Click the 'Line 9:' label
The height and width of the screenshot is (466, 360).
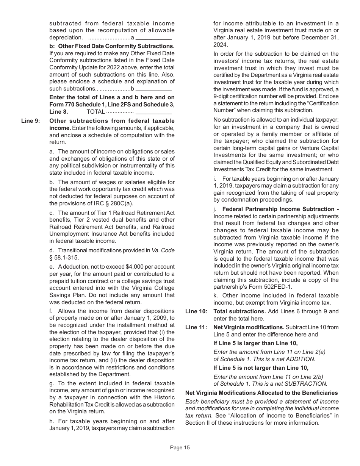(30, 121)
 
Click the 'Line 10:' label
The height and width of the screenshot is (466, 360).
(196, 311)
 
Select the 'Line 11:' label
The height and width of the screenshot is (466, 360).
(196, 327)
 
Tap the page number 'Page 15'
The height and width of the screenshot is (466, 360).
(180, 447)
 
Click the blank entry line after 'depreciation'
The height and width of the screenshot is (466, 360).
(153, 38)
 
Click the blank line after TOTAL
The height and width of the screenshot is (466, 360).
(153, 112)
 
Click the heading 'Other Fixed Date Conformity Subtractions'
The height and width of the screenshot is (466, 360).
(115, 46)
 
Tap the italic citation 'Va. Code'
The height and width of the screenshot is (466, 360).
(163, 250)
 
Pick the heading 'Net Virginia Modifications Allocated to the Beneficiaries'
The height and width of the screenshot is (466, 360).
(261, 393)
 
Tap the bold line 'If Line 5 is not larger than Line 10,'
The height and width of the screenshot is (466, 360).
(261, 367)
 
